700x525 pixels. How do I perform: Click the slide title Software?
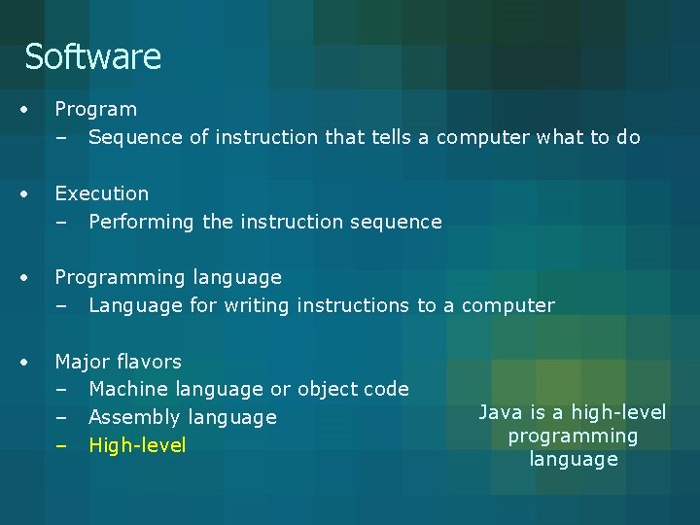(92, 56)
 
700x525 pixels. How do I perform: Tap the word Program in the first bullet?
(95, 110)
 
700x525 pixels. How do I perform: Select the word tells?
(390, 137)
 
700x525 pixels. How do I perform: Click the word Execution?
(101, 193)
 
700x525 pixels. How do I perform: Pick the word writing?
(257, 305)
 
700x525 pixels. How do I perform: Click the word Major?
(81, 362)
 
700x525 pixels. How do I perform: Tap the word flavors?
(148, 362)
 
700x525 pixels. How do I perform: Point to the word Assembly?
(130, 417)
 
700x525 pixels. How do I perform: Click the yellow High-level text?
(136, 445)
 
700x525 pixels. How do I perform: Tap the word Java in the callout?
(502, 412)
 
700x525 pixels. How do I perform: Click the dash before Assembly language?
(61, 418)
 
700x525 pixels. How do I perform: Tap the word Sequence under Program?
(135, 137)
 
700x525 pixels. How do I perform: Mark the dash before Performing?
(61, 223)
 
